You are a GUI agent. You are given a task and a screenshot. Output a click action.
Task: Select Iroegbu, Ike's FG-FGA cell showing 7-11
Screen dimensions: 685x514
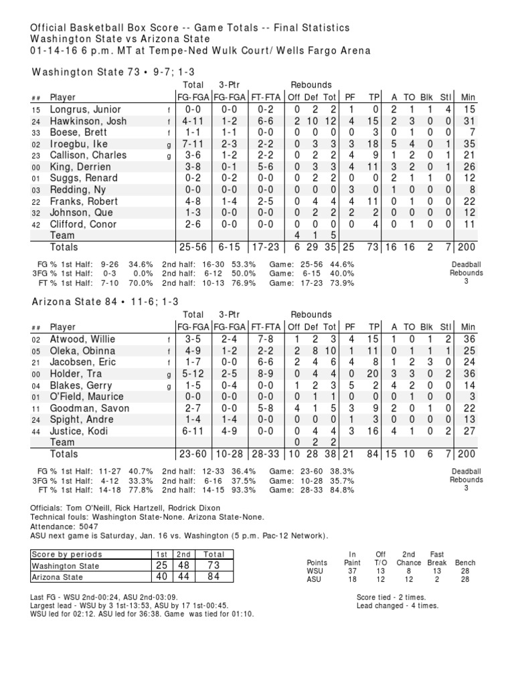click(193, 144)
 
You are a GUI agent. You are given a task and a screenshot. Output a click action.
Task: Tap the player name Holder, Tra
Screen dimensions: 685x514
click(76, 374)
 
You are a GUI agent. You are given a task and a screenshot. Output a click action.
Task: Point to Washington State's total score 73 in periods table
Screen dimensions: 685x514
click(214, 566)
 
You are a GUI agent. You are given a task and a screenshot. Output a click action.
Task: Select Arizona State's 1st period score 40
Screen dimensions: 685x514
click(161, 577)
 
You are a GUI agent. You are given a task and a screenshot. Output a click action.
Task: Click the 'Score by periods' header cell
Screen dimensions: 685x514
click(67, 555)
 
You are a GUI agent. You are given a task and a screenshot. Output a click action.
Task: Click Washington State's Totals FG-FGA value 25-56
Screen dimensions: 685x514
click(193, 248)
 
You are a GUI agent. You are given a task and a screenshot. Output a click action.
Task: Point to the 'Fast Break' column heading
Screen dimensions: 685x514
click(436, 558)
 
